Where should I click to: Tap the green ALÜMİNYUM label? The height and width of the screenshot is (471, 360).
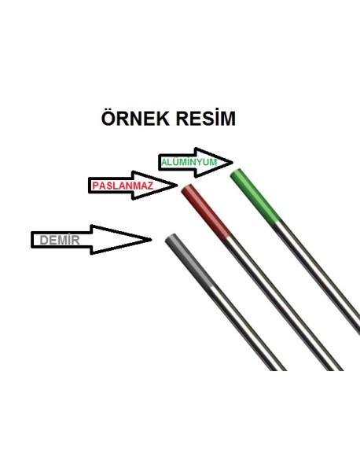click(x=189, y=163)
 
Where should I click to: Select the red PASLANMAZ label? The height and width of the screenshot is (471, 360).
click(x=123, y=186)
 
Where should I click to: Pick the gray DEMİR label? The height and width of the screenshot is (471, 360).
click(x=60, y=240)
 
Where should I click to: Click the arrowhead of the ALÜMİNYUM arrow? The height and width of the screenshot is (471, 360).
click(x=233, y=163)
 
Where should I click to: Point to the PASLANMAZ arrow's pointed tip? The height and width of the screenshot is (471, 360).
click(x=178, y=185)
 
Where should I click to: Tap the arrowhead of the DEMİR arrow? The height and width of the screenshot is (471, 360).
click(x=151, y=239)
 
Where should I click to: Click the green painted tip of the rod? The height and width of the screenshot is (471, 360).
click(x=255, y=197)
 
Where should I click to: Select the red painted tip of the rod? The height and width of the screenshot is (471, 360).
click(x=206, y=212)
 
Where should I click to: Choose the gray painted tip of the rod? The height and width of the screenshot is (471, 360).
click(x=189, y=261)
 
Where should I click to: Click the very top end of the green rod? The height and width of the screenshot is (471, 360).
click(x=236, y=172)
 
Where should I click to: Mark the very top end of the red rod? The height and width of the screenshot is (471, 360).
click(x=187, y=188)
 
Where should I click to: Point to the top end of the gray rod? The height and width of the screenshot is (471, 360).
click(x=171, y=237)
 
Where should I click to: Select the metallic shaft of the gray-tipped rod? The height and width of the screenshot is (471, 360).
click(x=247, y=329)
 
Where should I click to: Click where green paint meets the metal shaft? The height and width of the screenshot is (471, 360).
click(x=277, y=223)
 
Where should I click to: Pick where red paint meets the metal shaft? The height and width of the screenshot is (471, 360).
click(x=227, y=238)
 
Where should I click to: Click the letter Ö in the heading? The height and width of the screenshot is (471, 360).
click(x=108, y=117)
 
